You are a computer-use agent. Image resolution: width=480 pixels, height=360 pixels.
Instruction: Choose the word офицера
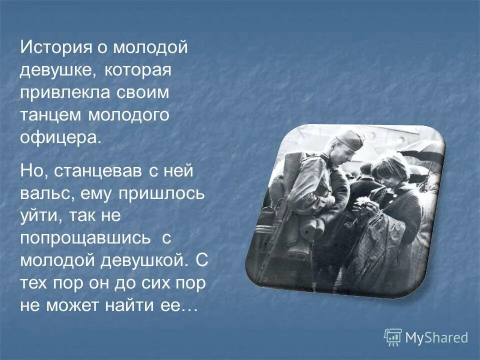point(60,137)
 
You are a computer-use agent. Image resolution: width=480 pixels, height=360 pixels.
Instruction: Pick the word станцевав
point(98,171)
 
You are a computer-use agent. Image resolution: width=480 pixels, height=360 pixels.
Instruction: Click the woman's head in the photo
point(388,170)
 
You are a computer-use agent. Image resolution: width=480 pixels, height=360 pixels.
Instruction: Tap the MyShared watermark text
point(436,337)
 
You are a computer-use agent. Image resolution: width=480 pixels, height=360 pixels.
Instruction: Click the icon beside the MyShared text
point(393,337)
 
